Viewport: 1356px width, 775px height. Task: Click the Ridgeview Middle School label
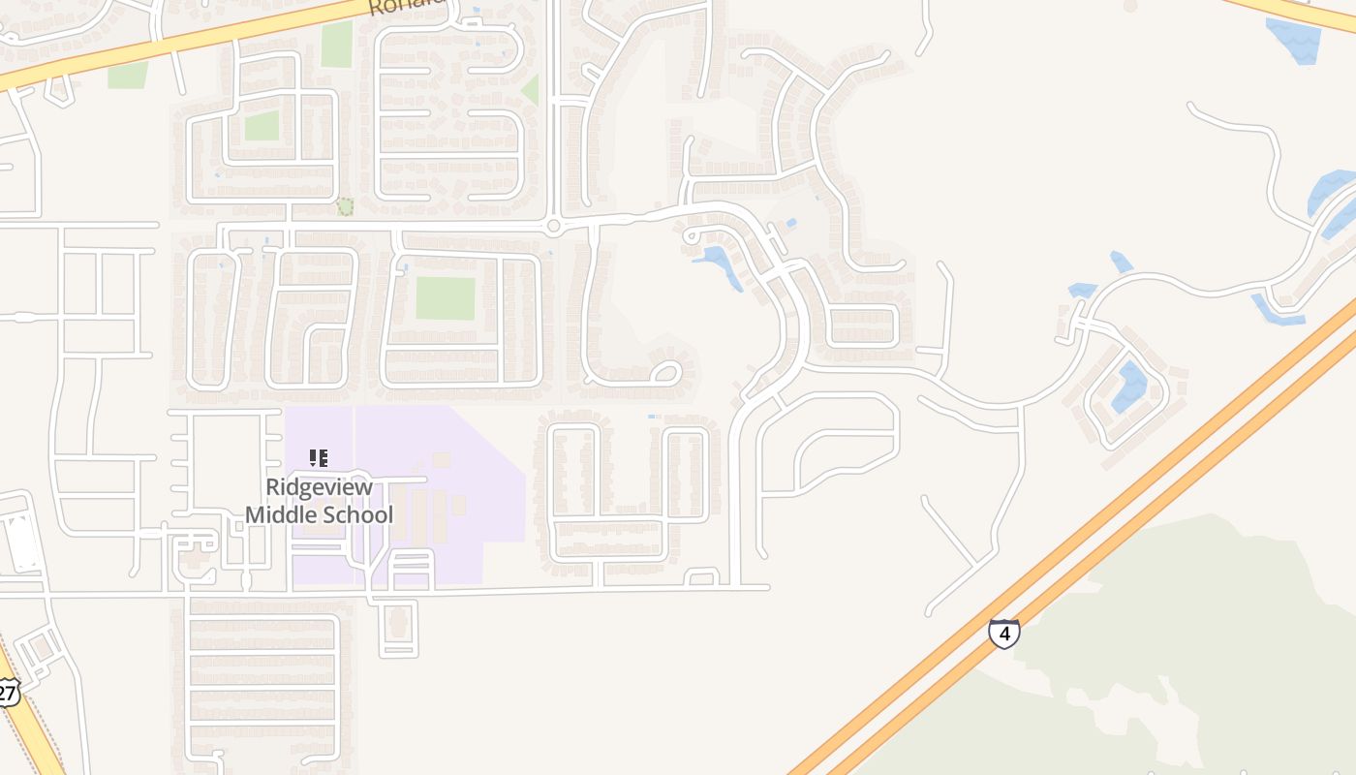point(319,501)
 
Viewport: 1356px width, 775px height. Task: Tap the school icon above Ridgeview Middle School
point(319,457)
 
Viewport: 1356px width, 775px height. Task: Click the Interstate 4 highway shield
point(1003,634)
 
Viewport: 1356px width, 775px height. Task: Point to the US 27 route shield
point(8,693)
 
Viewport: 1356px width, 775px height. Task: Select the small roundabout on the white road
point(553,227)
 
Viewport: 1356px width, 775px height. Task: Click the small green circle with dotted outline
point(345,206)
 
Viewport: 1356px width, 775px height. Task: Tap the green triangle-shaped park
point(531,91)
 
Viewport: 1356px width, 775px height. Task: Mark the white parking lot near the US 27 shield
point(21,543)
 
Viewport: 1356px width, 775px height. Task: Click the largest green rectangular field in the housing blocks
point(446,298)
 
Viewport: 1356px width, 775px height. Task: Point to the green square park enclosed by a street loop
point(262,126)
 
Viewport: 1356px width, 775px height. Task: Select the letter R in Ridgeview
point(274,487)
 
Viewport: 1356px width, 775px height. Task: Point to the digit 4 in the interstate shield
point(1004,635)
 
